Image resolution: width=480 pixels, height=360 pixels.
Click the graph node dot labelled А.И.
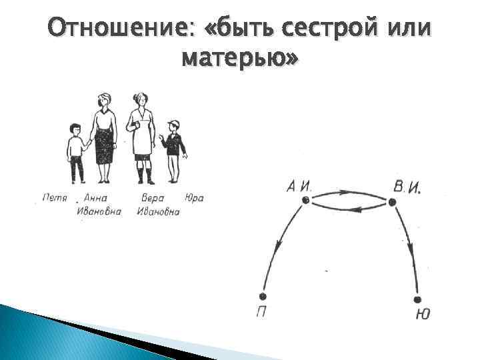(305, 199)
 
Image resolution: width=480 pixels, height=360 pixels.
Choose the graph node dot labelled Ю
(419, 299)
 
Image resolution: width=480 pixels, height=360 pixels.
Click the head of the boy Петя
(75, 129)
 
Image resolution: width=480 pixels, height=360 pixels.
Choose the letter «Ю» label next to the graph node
(422, 314)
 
